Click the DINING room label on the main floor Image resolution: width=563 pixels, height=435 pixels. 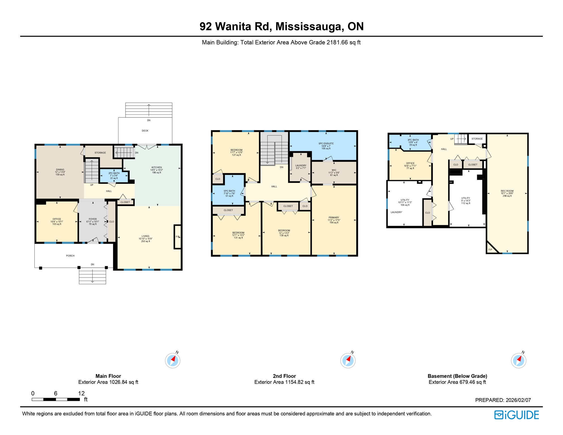60,170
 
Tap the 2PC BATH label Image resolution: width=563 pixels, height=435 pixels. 114,173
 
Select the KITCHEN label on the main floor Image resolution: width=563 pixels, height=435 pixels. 157,167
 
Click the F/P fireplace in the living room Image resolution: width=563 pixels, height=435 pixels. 178,237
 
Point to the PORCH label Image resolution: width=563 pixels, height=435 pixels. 70,256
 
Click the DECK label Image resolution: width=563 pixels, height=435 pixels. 145,131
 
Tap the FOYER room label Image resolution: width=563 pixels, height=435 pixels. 93,219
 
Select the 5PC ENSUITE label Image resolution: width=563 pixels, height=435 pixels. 326,144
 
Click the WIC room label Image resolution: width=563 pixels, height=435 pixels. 334,170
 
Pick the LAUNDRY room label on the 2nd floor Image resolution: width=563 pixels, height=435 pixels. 301,166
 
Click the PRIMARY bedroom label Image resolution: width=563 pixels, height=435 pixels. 334,217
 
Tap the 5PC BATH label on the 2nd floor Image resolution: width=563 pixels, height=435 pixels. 229,191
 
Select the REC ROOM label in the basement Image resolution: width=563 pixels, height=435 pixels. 507,191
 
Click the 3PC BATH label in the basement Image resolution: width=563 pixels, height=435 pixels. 413,140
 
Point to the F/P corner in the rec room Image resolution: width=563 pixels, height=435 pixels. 491,250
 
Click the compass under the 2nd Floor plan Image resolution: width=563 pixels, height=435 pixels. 348,361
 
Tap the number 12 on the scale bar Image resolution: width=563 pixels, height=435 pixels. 81,393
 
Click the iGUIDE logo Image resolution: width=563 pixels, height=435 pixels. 517,415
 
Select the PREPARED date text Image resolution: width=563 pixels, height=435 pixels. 503,400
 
